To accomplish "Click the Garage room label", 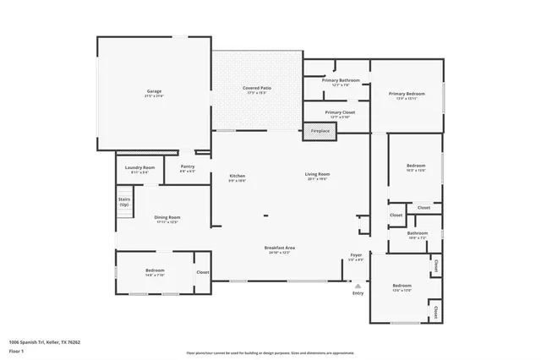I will click(153, 91).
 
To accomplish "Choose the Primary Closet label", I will click(340, 112).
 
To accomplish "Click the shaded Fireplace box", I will click(320, 131).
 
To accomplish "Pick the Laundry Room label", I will click(139, 167).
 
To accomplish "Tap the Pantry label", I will click(188, 166).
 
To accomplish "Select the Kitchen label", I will click(238, 175).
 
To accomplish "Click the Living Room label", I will click(317, 175).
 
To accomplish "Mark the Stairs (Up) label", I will click(124, 202).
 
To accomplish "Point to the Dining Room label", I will click(167, 218).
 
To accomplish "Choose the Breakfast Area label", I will click(279, 248).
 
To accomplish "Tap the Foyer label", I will click(357, 255).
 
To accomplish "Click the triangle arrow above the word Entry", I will click(358, 286).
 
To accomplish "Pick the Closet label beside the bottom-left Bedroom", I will click(202, 272).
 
